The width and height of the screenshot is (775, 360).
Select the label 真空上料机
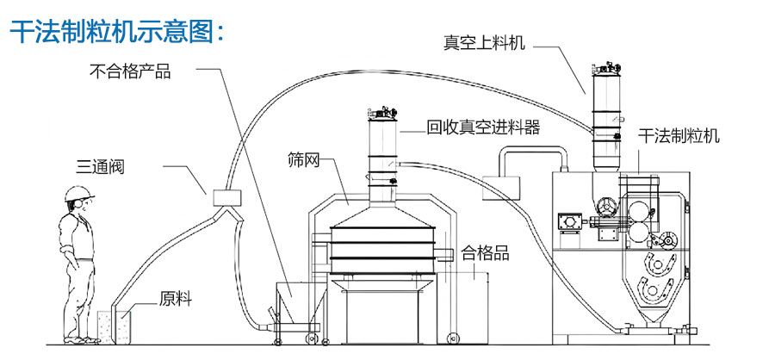click(x=484, y=43)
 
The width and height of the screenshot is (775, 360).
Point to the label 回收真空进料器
click(x=483, y=127)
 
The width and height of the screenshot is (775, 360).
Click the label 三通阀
click(x=101, y=166)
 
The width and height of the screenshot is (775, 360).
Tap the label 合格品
click(x=485, y=254)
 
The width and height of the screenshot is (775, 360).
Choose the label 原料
click(x=176, y=299)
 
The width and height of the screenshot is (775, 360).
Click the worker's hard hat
click(x=79, y=193)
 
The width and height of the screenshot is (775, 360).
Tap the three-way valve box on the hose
click(x=226, y=198)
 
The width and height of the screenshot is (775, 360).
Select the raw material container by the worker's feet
click(x=115, y=327)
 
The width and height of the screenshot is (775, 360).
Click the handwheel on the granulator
click(x=606, y=207)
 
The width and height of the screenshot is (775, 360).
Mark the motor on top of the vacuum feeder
click(x=607, y=67)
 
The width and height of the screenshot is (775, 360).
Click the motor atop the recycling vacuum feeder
click(x=382, y=112)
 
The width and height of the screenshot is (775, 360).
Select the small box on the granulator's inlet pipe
click(x=501, y=188)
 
